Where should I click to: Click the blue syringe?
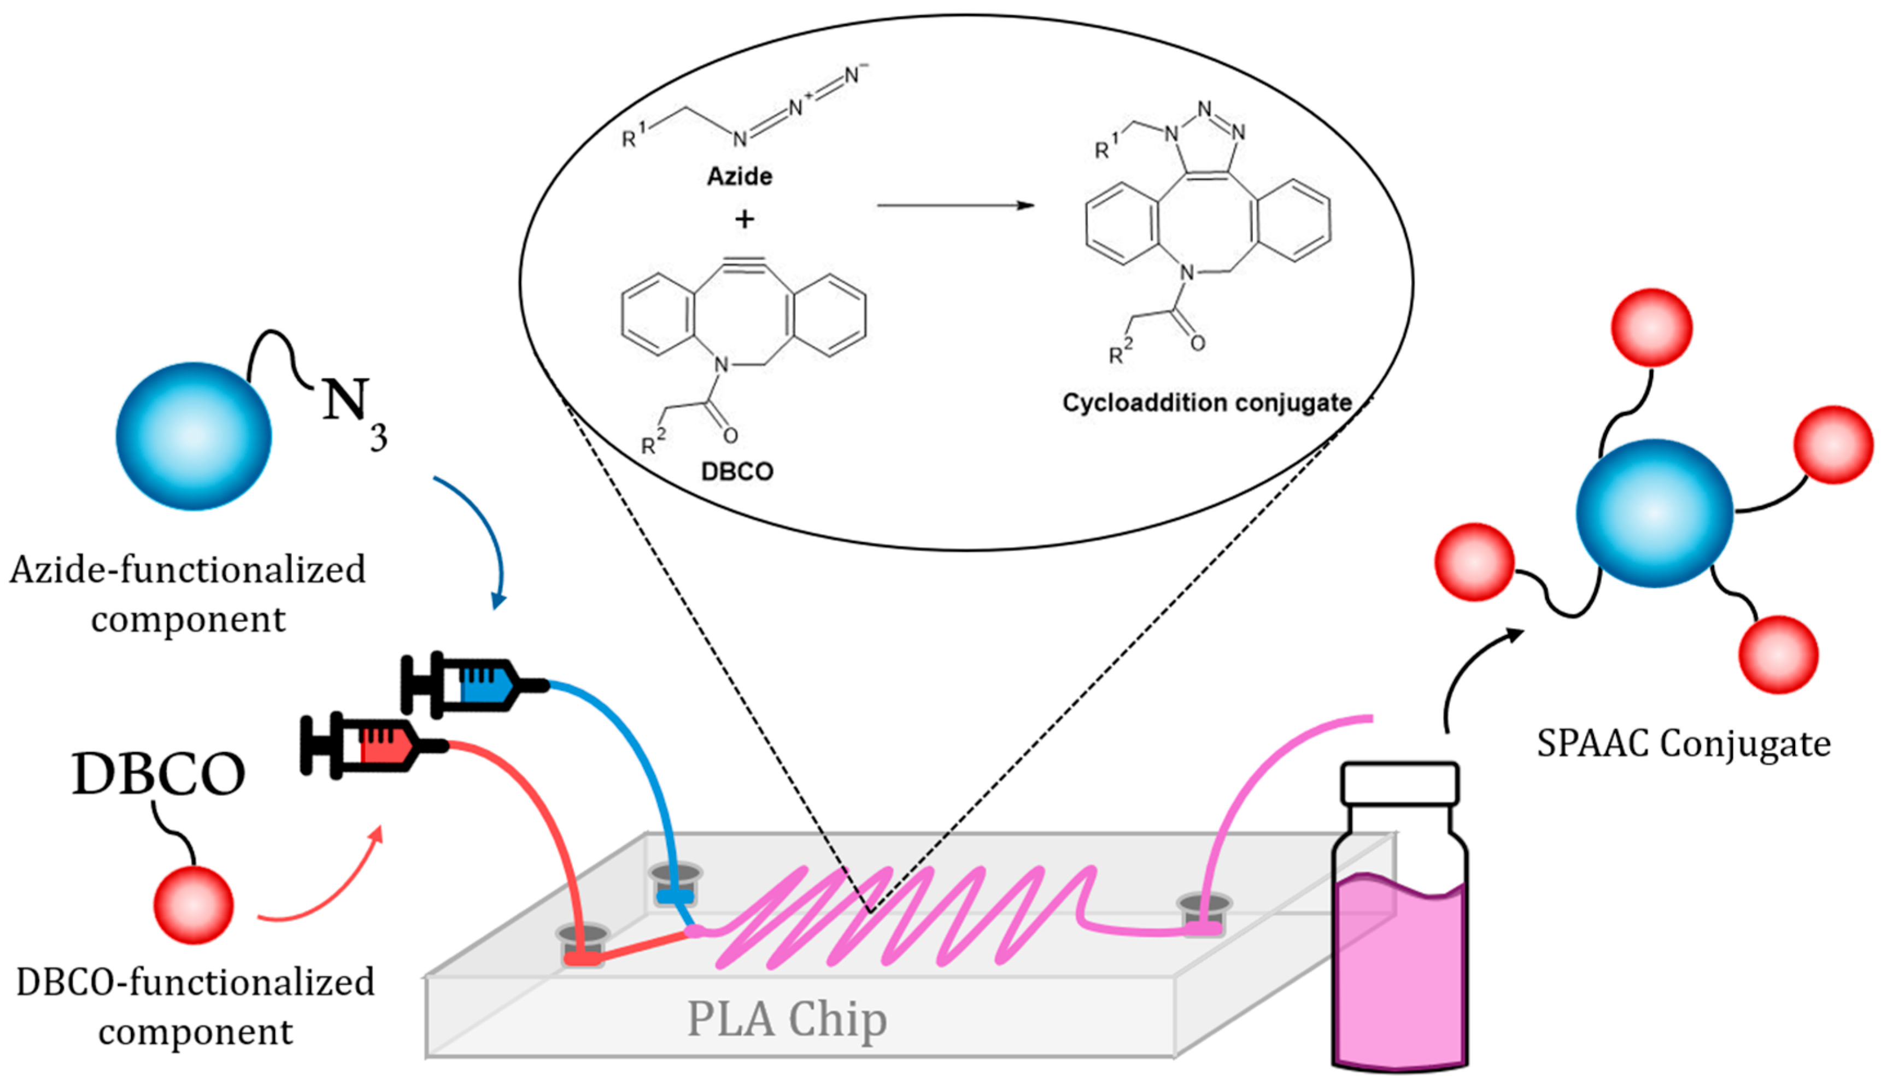[x=474, y=684]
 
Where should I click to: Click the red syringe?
[x=373, y=745]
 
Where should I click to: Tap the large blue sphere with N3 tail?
[x=194, y=436]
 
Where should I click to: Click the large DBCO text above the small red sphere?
[x=159, y=774]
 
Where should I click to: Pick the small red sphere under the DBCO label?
[x=194, y=905]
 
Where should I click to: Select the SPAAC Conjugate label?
[x=1683, y=744]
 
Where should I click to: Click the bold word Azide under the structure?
[x=740, y=177]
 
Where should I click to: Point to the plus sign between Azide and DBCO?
[x=744, y=219]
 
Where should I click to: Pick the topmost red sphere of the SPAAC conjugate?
[x=1652, y=327]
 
